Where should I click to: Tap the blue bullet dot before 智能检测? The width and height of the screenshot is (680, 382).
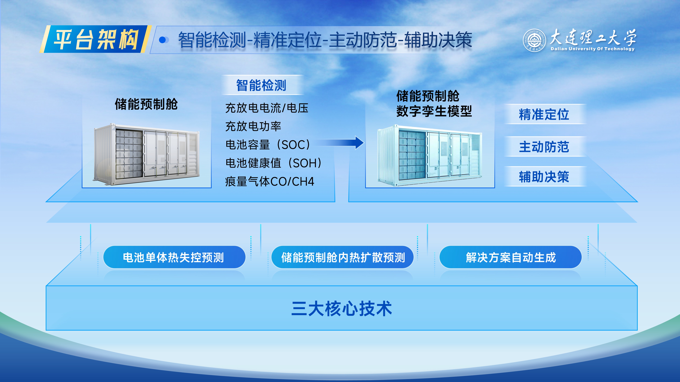(163, 40)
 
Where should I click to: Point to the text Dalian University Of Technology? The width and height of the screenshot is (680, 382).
(592, 49)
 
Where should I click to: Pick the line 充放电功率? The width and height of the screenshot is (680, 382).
(253, 126)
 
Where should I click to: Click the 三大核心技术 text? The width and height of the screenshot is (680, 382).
(342, 309)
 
